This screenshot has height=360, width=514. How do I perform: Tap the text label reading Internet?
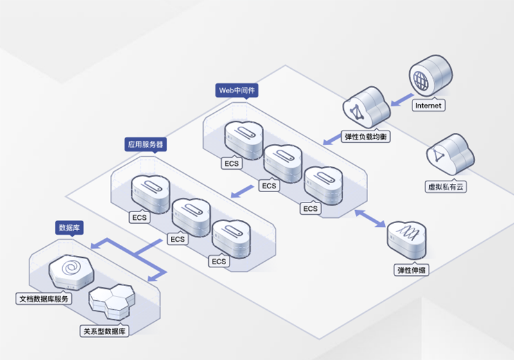tap(428, 105)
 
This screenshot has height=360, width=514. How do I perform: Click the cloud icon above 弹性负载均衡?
tap(364, 109)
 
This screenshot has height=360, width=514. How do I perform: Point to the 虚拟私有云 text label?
tap(445, 186)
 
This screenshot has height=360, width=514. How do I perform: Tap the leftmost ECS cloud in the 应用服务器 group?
tap(148, 192)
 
